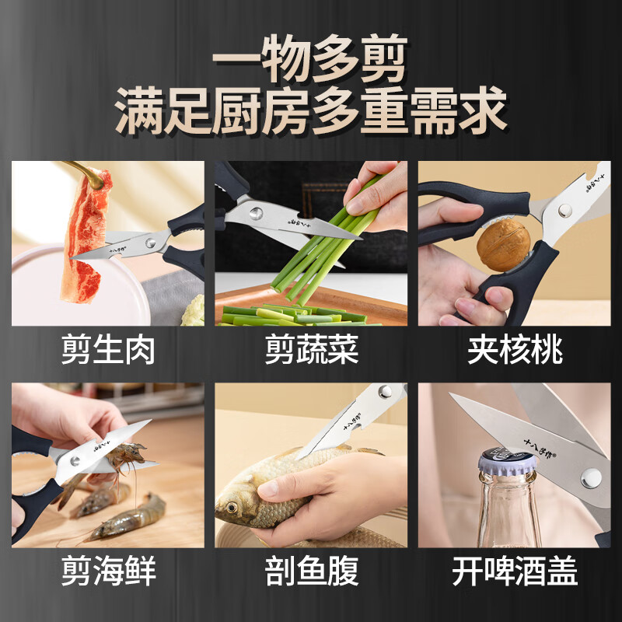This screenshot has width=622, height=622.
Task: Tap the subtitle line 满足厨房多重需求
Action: (x=311, y=111)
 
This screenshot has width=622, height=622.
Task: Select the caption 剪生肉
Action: (x=108, y=351)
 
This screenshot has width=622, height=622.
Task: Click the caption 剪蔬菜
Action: (x=311, y=351)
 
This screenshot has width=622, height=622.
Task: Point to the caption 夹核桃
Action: (x=515, y=351)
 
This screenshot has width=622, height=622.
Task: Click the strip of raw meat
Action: (x=86, y=233)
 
